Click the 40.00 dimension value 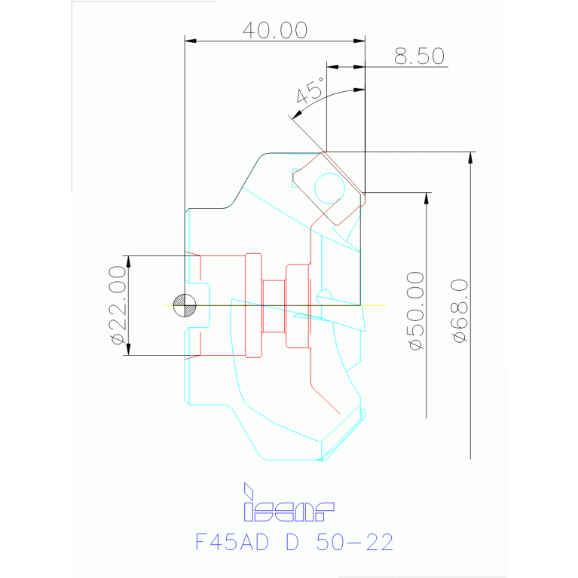tap(274, 30)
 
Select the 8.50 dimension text tap(419, 57)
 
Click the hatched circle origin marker tap(185, 305)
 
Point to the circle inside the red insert tap(329, 187)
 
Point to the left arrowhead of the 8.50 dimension tap(332, 67)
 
